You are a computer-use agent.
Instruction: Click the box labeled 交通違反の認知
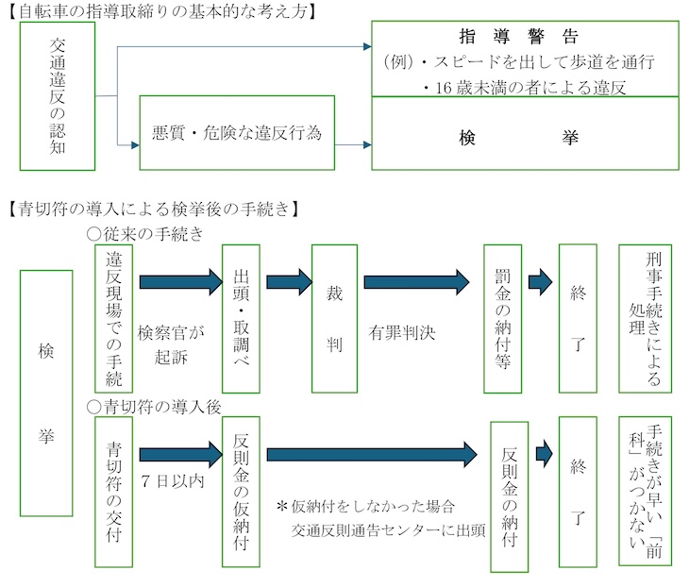coord(58,97)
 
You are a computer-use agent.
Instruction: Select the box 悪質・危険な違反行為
coord(237,133)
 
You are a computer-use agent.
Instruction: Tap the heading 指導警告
coord(526,37)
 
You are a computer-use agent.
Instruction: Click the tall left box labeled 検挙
coord(46,393)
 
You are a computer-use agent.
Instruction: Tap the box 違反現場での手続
coord(113,318)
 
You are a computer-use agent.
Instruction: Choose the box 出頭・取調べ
coord(241,318)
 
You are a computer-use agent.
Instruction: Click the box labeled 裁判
coord(333,318)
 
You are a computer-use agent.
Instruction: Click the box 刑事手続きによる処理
coord(646,318)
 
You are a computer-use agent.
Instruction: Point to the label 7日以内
coord(171,479)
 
